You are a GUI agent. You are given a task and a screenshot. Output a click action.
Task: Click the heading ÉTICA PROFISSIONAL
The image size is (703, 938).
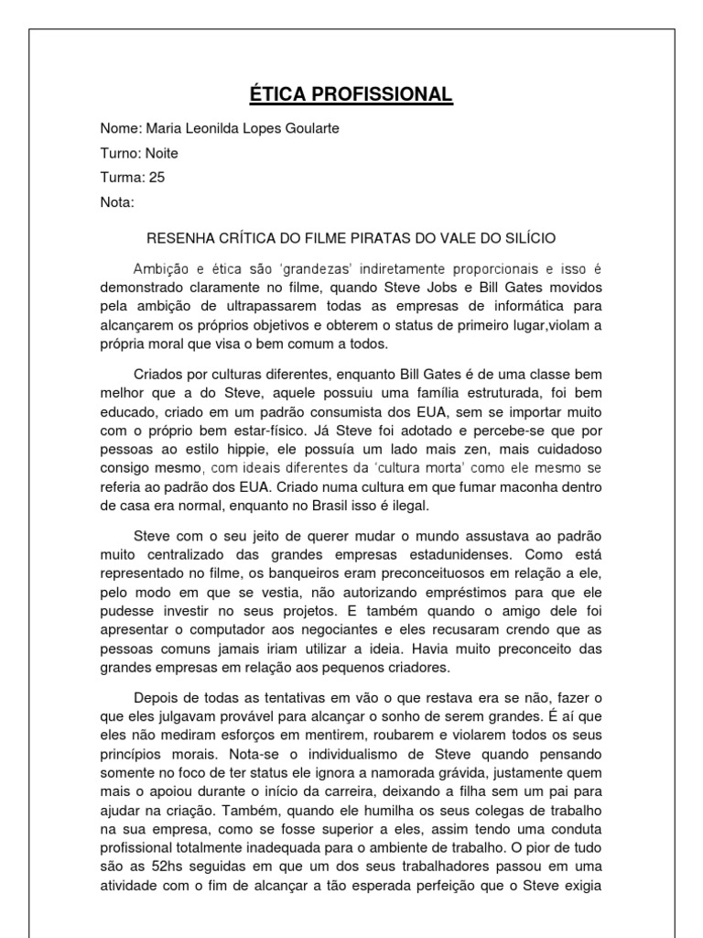tap(351, 94)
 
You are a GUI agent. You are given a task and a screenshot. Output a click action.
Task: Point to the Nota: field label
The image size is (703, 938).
tap(117, 202)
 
